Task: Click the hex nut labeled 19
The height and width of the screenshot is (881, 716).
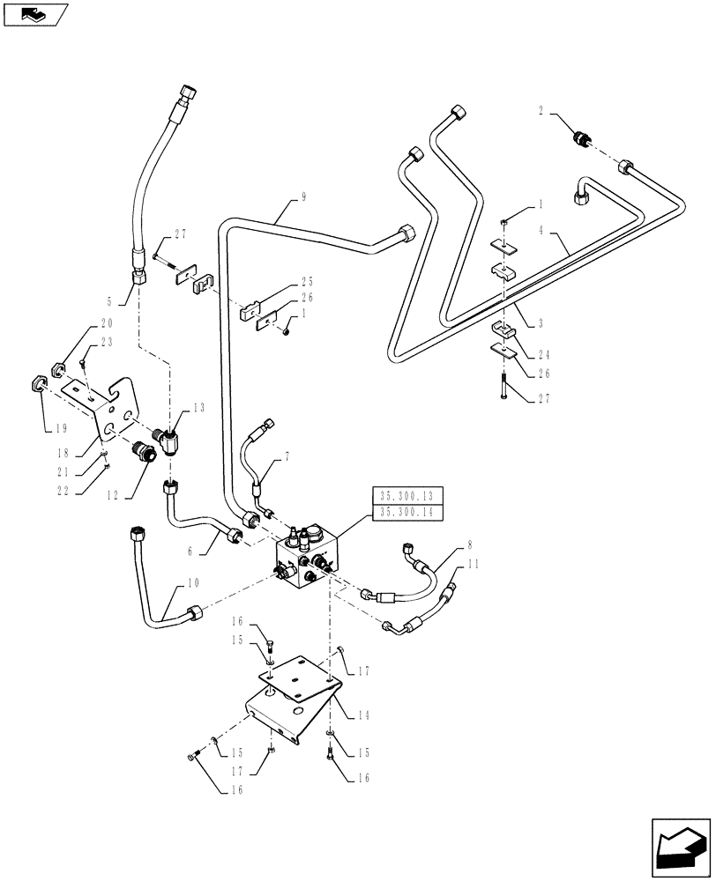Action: coord(39,383)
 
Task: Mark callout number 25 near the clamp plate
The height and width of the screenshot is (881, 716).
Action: coord(306,281)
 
